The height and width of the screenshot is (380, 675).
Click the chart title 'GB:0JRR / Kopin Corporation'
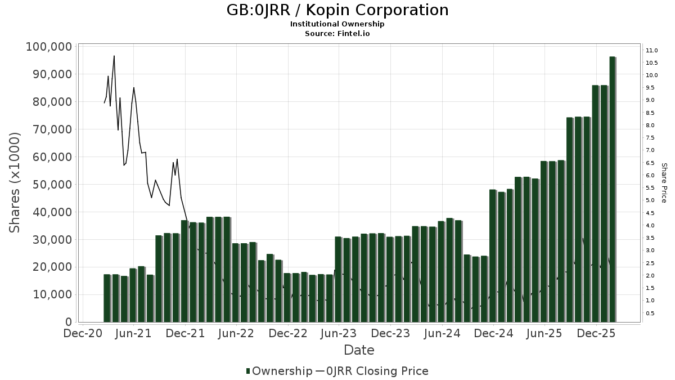[x=337, y=10]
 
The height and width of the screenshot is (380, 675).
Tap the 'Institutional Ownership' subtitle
[x=337, y=24]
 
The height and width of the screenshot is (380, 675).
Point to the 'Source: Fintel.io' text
[x=337, y=34]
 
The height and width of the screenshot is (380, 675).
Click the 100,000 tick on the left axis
[x=49, y=47]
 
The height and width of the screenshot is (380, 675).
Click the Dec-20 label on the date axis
[x=83, y=334]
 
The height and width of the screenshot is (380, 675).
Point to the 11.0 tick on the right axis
[x=652, y=51]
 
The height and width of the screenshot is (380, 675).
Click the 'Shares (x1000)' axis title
[x=15, y=182]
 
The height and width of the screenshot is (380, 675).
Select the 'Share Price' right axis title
[x=664, y=182]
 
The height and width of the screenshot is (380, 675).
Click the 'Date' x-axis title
[x=359, y=350]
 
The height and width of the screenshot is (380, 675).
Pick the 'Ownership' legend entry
[x=280, y=371]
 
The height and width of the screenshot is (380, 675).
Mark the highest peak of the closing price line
[x=114, y=56]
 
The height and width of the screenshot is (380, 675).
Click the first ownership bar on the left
[x=107, y=298]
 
